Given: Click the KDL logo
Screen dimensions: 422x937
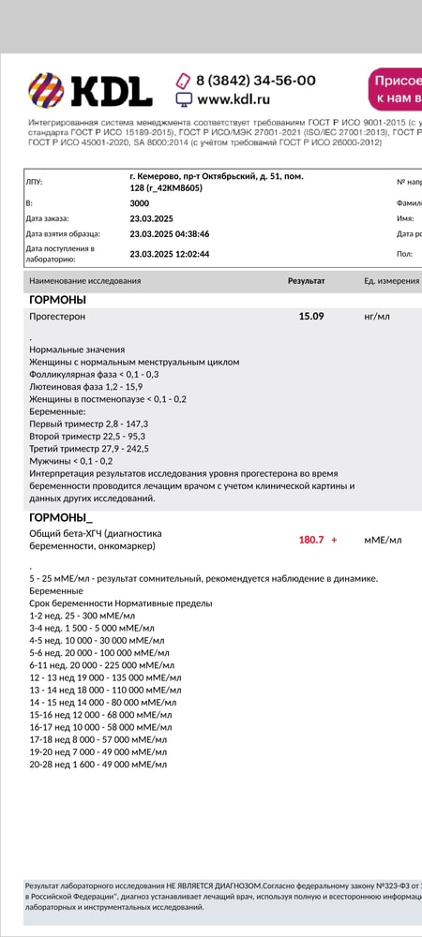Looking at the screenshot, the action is coord(90,91).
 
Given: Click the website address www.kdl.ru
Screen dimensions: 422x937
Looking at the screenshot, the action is coord(234,98).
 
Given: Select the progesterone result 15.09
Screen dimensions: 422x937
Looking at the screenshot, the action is coord(311,317).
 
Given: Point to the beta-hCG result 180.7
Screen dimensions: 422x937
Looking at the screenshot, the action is coord(311,540).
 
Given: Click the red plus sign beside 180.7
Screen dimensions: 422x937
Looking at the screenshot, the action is coord(334,540).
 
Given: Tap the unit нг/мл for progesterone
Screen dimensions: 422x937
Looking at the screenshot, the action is coord(377,317).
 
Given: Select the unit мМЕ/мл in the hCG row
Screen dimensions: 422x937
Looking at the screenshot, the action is coord(383,540).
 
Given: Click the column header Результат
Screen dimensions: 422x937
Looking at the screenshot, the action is coord(306,281).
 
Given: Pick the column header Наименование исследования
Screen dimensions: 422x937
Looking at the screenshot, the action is coord(85,281).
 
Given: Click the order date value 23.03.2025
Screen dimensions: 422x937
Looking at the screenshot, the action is coord(150,218).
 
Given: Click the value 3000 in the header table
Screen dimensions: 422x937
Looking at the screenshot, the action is coord(139,202).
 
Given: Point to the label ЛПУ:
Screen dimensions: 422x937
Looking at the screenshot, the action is coord(34,182).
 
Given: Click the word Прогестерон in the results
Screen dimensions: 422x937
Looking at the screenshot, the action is coord(57,318).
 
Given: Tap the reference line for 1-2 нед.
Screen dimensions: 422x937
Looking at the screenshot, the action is coord(83,616).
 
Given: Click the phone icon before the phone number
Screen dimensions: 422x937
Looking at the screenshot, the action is coord(184,81).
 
